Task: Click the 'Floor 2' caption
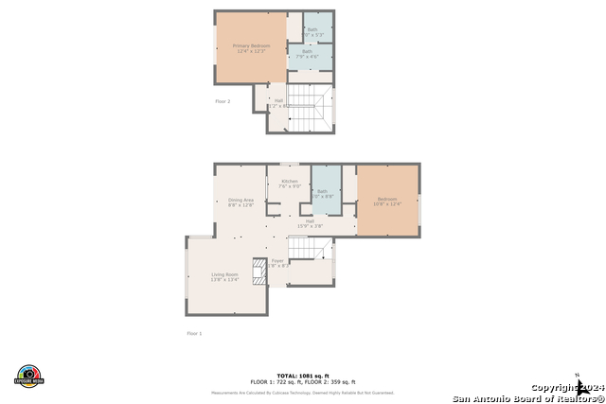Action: pos(223,99)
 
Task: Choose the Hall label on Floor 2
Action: pos(277,102)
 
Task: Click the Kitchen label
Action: pos(289,184)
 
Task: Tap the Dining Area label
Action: pos(241,202)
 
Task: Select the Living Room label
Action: pos(224,276)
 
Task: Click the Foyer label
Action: pos(277,263)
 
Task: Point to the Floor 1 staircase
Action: pos(310,248)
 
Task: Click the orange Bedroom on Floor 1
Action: pos(388,201)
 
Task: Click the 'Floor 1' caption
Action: pos(194,333)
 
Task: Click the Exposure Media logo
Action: pos(29,376)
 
